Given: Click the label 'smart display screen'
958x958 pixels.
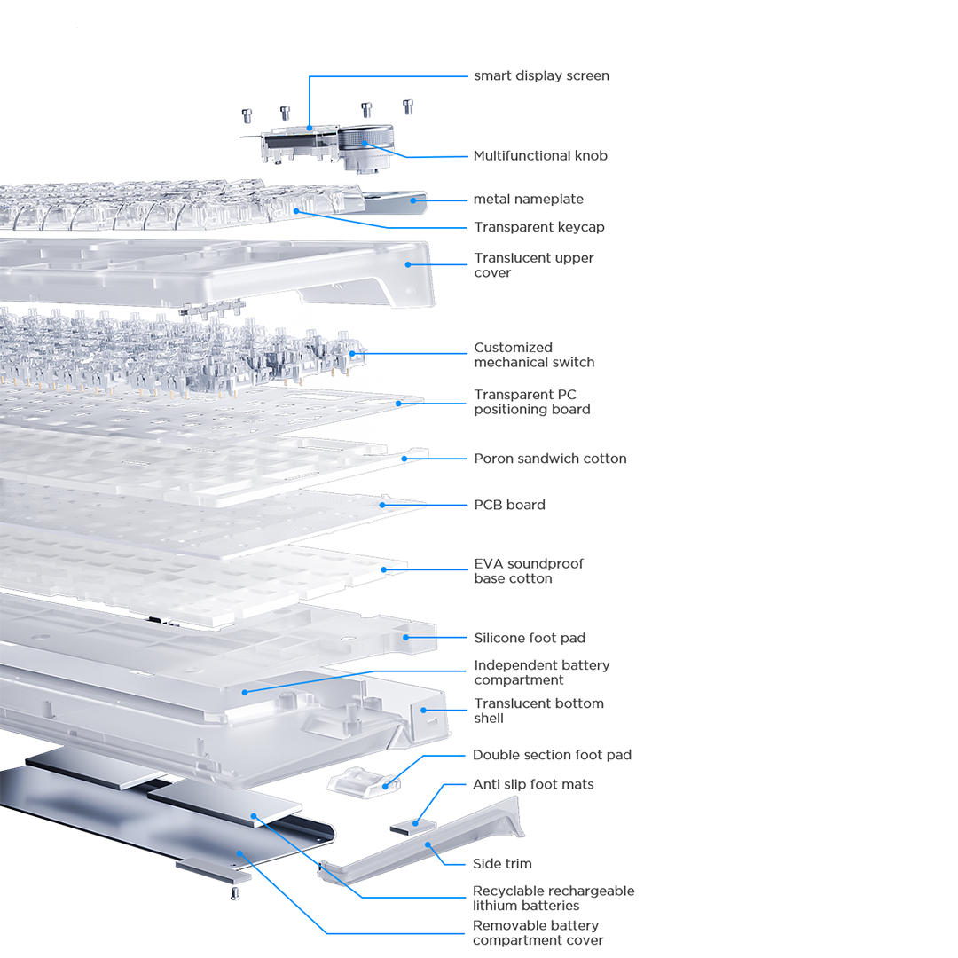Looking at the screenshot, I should (541, 75).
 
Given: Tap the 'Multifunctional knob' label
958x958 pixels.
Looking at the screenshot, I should (540, 155).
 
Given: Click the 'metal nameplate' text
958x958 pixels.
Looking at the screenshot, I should (529, 199).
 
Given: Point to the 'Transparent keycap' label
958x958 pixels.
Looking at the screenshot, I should (538, 227).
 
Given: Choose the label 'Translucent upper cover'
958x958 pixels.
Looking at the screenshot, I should (533, 265).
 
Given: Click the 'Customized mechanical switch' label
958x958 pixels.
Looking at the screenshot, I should (534, 355).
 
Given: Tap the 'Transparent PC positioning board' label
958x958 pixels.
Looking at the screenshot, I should (531, 402).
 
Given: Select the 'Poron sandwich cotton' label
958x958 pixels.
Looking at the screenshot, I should (550, 459).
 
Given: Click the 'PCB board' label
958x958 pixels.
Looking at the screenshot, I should (509, 505).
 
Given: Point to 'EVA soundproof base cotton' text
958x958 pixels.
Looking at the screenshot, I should (529, 571).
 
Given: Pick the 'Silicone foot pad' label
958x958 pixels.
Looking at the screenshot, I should (530, 638).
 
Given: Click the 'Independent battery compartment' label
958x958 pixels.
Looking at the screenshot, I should (541, 672).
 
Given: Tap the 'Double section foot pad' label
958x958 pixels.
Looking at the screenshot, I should (552, 755).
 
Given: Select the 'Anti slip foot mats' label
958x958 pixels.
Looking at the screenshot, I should (533, 784).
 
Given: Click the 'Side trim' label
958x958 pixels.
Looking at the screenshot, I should (502, 863).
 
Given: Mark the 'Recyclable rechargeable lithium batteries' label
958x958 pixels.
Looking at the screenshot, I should (554, 898).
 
